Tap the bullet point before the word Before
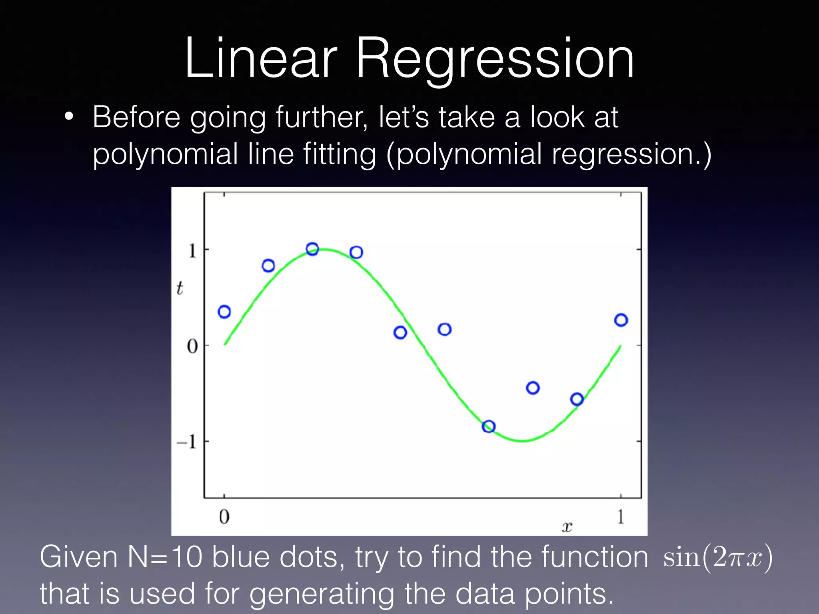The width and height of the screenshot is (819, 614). click(69, 117)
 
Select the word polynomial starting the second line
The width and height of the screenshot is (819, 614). click(165, 155)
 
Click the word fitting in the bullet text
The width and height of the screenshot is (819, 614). click(340, 154)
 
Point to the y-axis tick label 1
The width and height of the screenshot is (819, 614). click(192, 251)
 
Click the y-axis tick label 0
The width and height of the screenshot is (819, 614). click(192, 346)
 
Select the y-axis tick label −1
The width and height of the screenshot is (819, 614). click(187, 442)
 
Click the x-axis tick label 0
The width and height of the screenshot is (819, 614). click(224, 517)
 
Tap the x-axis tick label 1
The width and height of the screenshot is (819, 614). click(621, 517)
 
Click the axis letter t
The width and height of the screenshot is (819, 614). click(180, 288)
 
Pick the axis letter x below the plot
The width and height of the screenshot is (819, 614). click(567, 527)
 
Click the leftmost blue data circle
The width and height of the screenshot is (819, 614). click(224, 312)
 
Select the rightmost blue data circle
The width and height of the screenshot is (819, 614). click(621, 320)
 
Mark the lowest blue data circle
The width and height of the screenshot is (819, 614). click(489, 427)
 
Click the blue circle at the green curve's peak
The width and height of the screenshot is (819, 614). click(312, 249)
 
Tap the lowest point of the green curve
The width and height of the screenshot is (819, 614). click(522, 441)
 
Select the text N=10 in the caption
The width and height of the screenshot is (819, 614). click(165, 557)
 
